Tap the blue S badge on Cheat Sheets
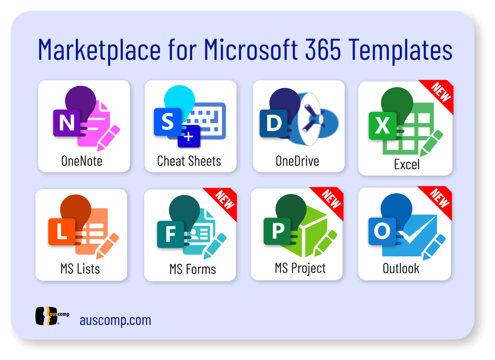[168, 122]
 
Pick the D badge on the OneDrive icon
[273, 123]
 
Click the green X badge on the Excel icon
[383, 126]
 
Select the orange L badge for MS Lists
[62, 232]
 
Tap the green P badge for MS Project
[277, 231]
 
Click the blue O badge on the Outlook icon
[382, 231]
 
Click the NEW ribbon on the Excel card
[440, 93]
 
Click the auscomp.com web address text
[115, 320]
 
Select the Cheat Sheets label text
[189, 161]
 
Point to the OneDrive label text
[297, 161]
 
